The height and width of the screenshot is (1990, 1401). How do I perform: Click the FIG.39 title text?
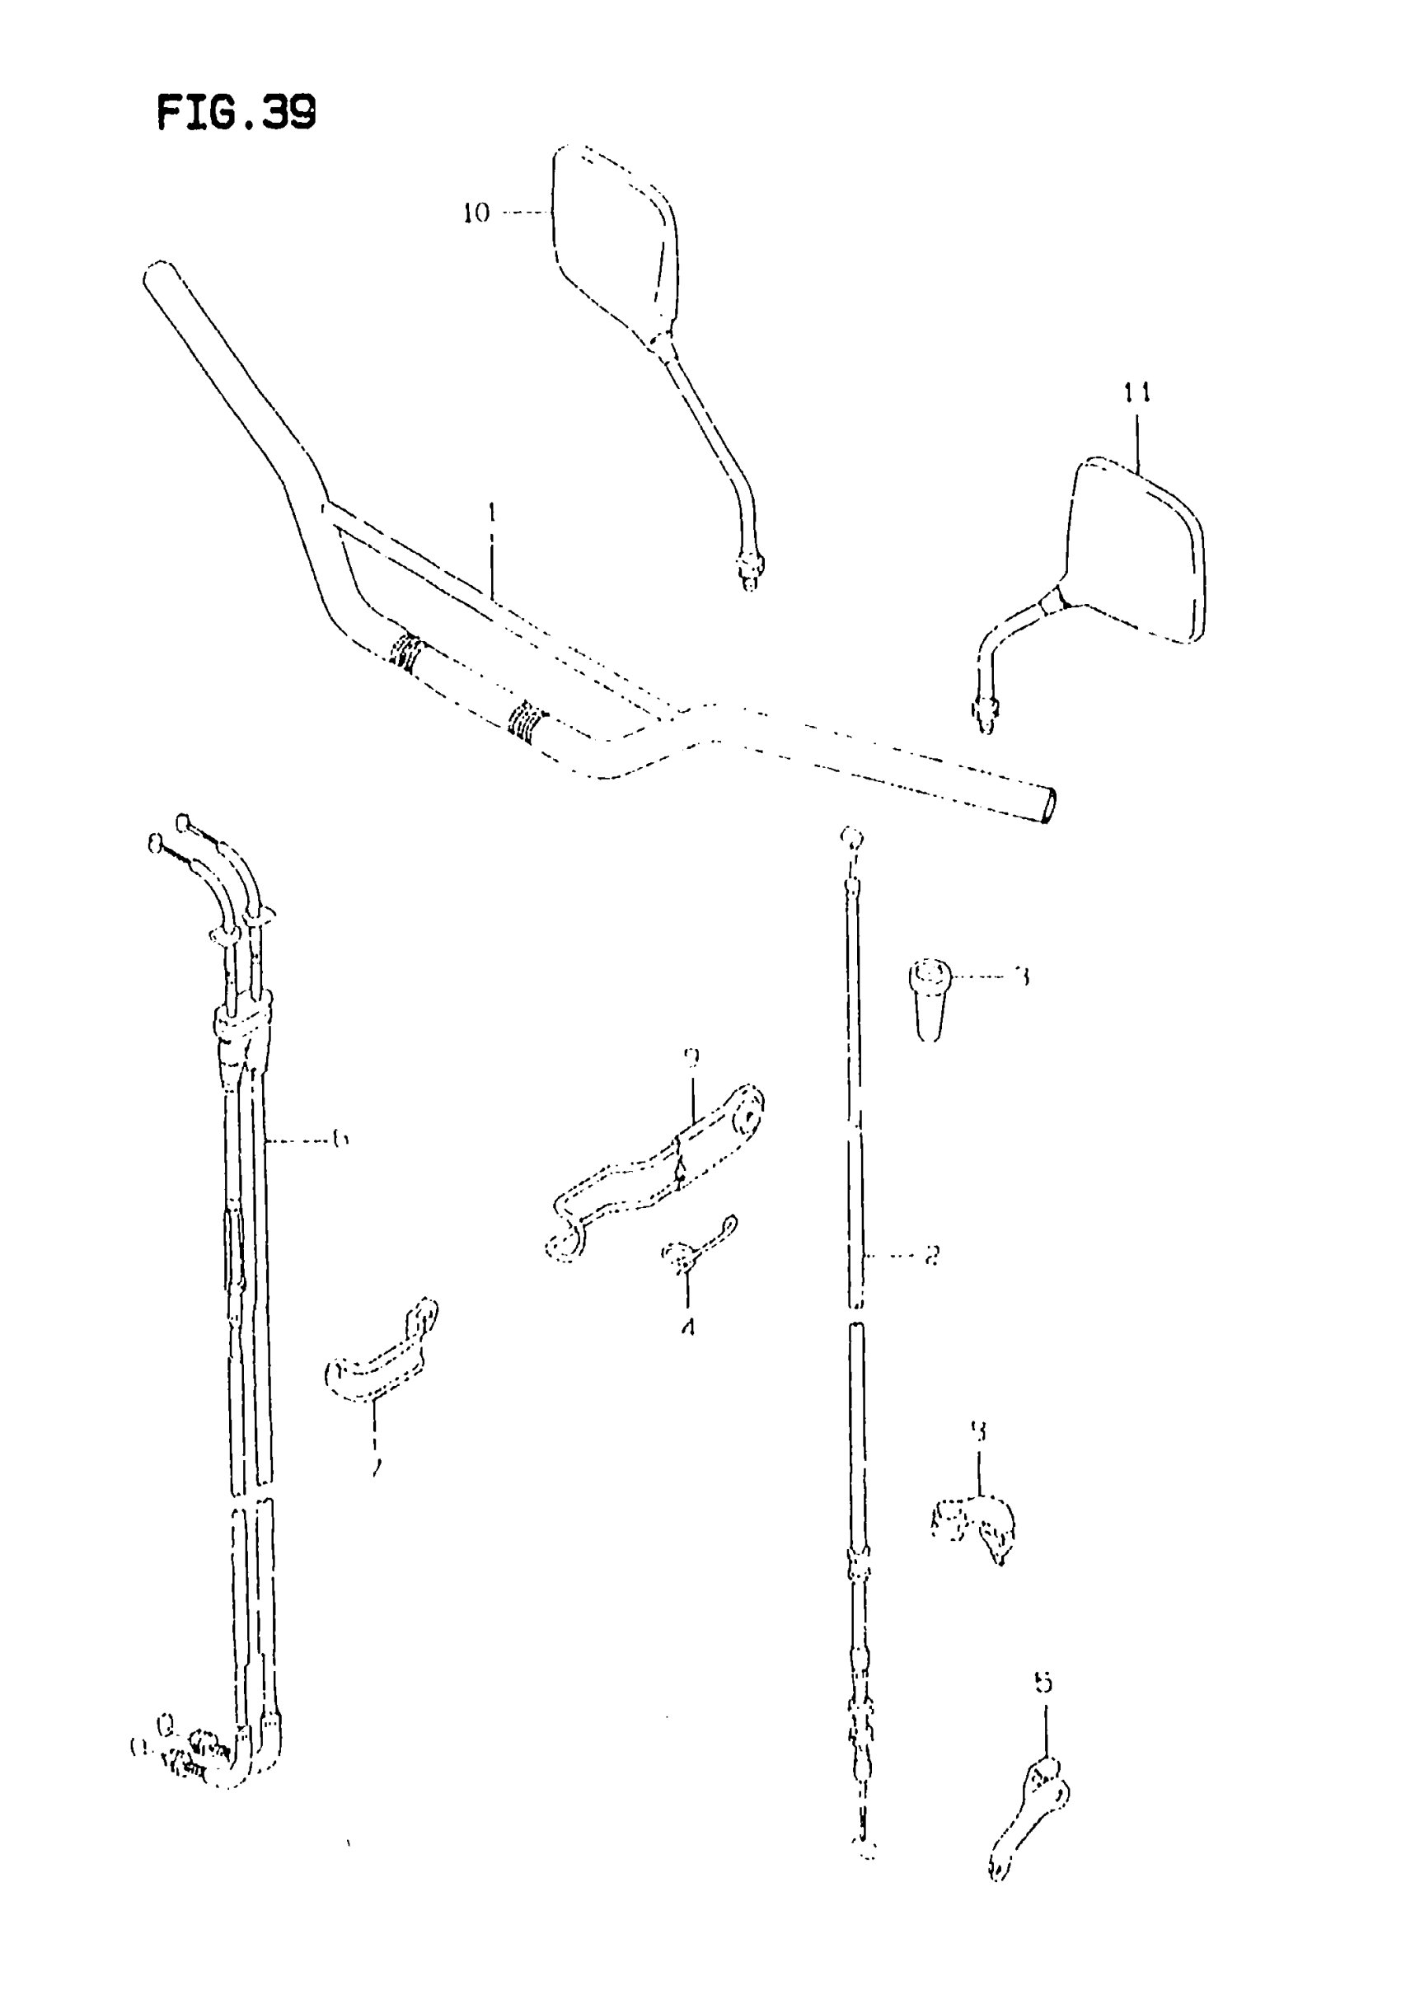[236, 112]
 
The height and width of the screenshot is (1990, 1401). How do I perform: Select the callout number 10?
[476, 213]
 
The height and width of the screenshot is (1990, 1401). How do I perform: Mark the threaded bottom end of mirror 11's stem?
[986, 714]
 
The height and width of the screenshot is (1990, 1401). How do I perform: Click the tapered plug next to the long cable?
[930, 997]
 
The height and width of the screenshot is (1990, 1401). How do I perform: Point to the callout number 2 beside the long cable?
[931, 1254]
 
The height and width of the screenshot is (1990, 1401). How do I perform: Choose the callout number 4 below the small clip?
[687, 1326]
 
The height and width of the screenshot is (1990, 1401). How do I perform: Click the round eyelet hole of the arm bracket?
[745, 1117]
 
